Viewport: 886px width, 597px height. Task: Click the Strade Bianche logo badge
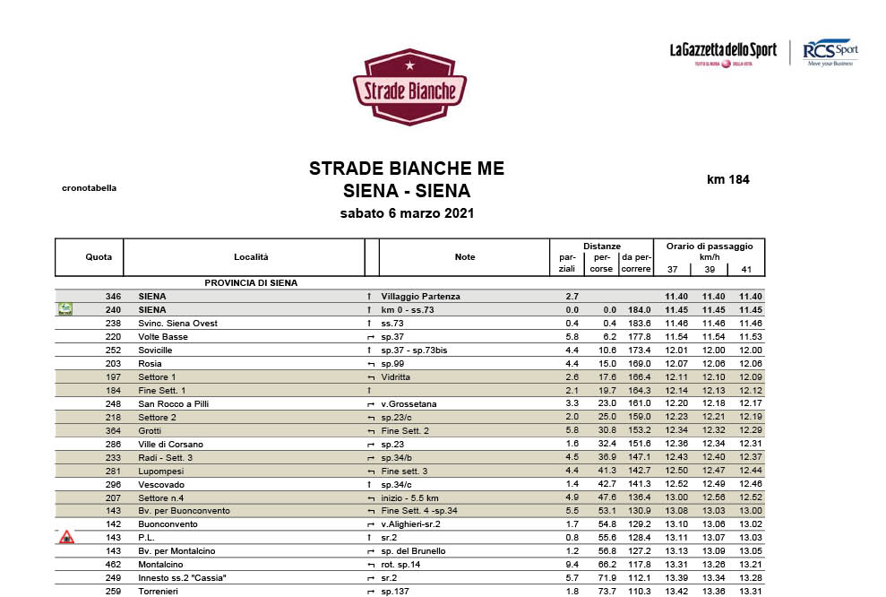(409, 87)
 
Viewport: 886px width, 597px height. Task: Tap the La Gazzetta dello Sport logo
(723, 52)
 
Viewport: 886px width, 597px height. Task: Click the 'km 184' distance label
(727, 179)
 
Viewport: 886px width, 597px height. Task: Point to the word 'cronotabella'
(89, 188)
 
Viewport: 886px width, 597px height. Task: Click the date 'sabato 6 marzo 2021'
(407, 213)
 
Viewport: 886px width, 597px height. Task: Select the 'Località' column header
(251, 257)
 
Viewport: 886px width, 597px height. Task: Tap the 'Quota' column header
(99, 257)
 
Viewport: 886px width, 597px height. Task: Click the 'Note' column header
(465, 257)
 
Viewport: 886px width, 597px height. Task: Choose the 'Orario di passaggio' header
(710, 246)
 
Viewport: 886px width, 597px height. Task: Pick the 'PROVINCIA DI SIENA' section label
(251, 283)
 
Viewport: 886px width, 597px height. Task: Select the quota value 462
(113, 565)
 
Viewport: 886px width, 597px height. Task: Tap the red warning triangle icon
(65, 538)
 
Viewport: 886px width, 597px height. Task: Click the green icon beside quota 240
(65, 310)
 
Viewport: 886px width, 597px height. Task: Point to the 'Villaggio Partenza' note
(420, 296)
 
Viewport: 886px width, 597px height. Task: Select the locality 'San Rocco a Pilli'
(175, 404)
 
